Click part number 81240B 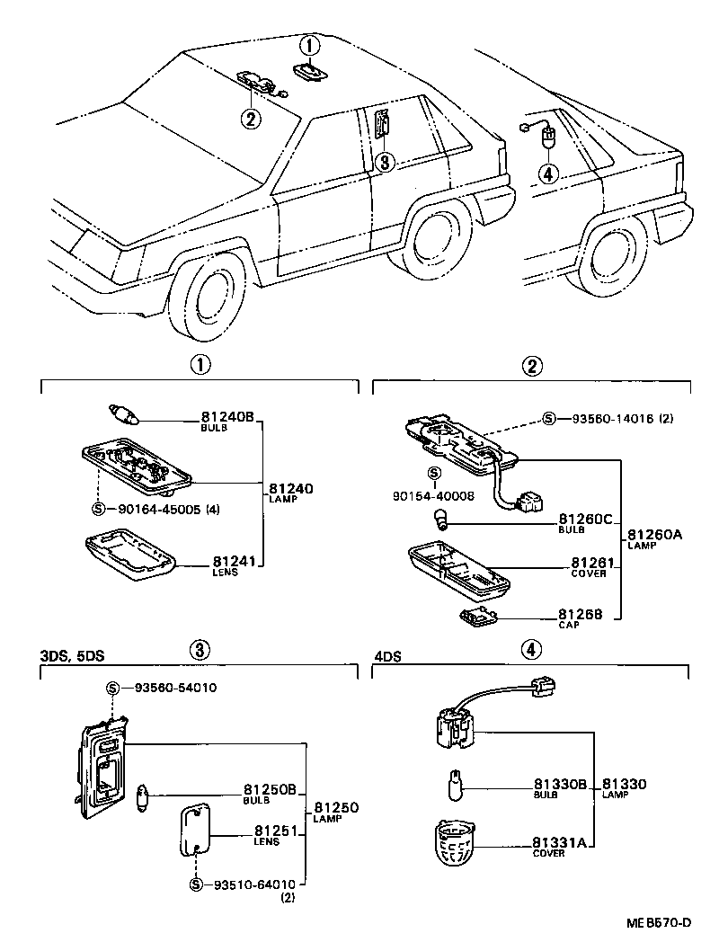tap(227, 417)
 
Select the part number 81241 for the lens tap(235, 562)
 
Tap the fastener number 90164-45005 tap(155, 510)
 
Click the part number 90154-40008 tap(432, 495)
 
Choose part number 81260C tap(585, 519)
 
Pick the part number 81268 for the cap tap(590, 615)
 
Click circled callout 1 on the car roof tap(309, 45)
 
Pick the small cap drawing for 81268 tap(477, 616)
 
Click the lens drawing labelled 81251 tap(196, 831)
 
